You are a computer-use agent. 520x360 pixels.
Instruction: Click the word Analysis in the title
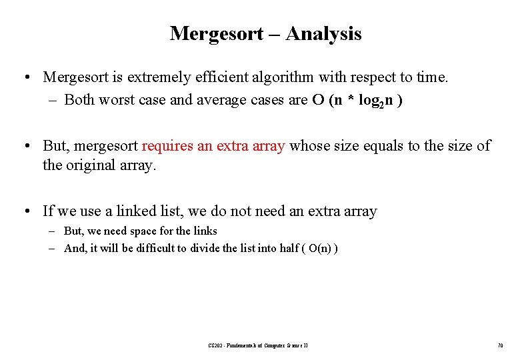point(323,33)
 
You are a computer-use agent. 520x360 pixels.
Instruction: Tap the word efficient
point(219,77)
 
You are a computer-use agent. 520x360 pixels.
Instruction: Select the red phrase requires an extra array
point(213,146)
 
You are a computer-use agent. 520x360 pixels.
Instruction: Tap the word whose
point(309,146)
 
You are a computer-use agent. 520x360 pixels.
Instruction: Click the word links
point(203,231)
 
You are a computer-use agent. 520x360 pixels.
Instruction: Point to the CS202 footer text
point(257,345)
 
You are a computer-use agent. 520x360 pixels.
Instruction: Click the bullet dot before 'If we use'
point(25,211)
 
